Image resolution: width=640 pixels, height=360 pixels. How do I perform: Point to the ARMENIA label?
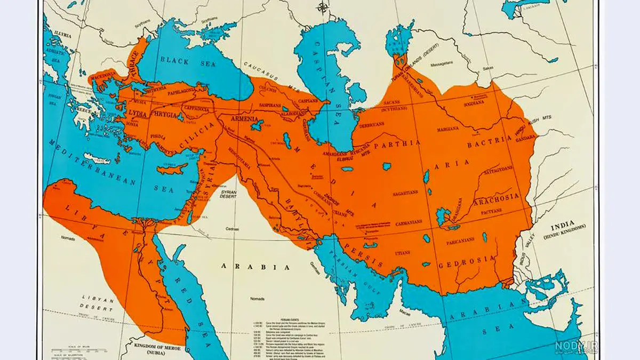tap(245, 119)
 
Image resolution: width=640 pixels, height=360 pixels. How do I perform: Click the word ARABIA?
tap(251, 265)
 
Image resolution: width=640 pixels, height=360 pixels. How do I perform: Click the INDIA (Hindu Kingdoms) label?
tap(564, 228)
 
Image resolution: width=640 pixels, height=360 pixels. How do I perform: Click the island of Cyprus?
tap(172, 170)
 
